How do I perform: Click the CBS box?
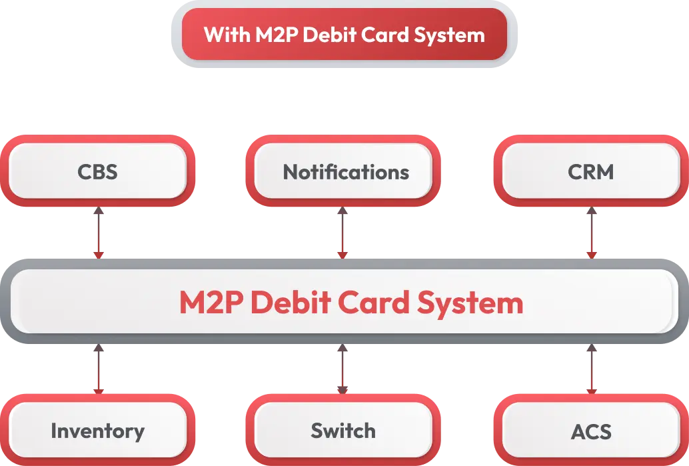97,172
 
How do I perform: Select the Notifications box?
345,172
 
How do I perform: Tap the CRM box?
590,172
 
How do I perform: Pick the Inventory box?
97,431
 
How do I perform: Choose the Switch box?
343,431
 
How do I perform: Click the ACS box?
590,431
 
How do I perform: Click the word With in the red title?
227,35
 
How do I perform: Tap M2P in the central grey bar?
213,303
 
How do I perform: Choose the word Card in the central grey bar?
373,303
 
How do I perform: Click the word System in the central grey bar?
470,303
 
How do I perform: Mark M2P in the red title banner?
277,35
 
